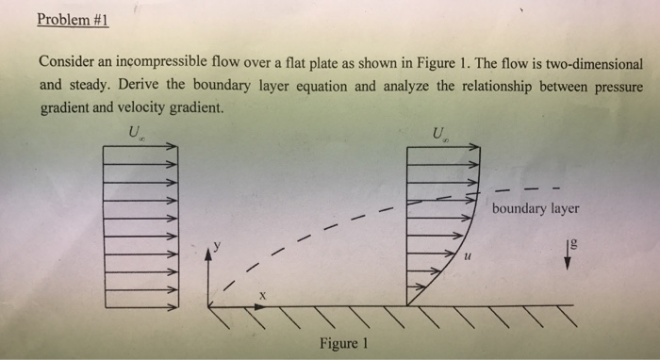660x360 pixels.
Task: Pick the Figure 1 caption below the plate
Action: tap(342, 342)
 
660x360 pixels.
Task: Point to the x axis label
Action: tap(263, 296)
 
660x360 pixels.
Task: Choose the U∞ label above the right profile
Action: tap(438, 132)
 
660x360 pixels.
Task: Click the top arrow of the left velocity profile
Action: tap(140, 147)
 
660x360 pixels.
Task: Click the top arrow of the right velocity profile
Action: tap(443, 147)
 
